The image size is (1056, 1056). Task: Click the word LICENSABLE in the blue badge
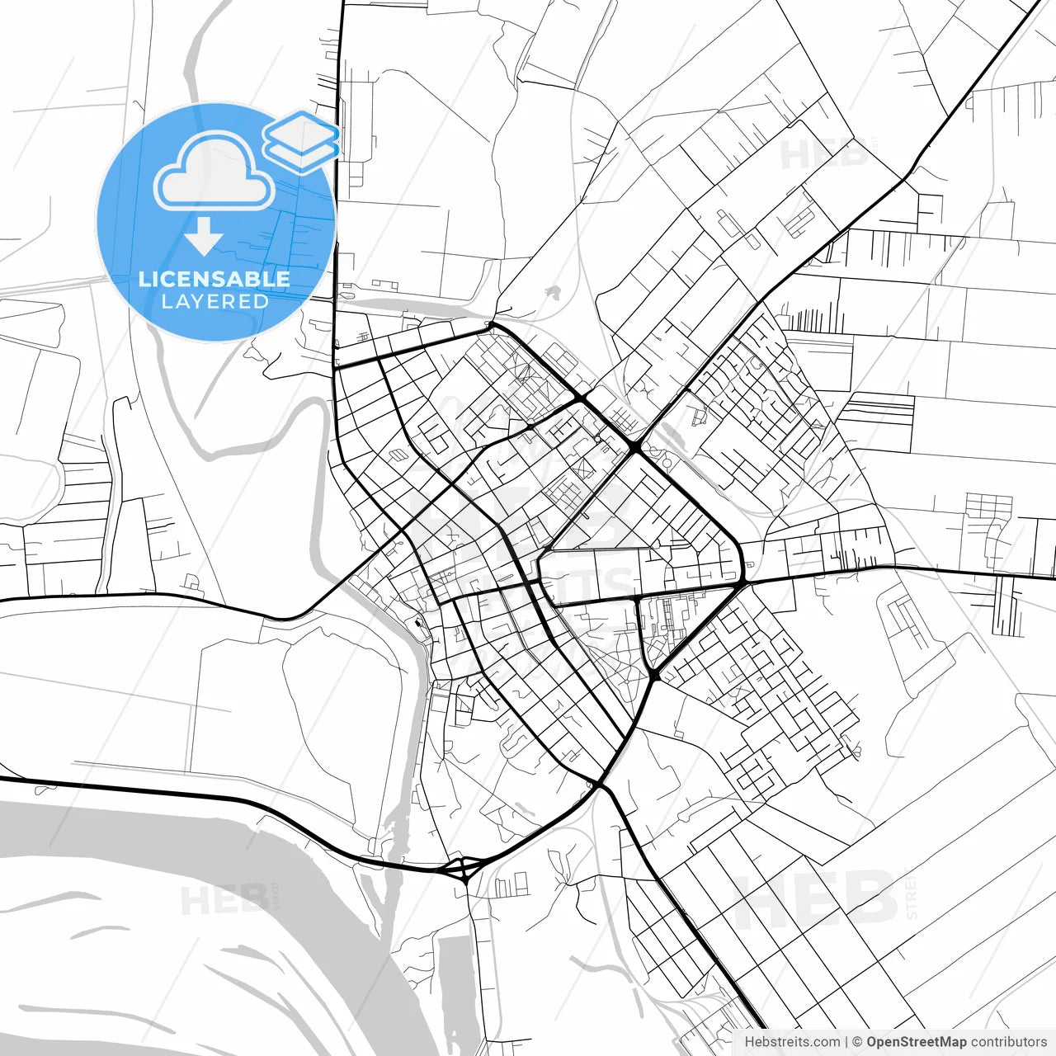coord(214,279)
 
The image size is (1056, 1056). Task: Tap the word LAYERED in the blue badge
coord(214,302)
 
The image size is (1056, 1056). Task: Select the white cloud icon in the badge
coord(214,172)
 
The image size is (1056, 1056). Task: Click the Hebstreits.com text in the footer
coord(793,1042)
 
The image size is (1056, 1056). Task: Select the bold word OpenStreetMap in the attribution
coord(916,1042)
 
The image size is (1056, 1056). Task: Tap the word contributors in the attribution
coord(1008,1042)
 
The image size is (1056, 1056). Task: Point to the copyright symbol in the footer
coord(857,1042)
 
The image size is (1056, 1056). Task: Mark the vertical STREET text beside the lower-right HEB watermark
coord(911,895)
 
